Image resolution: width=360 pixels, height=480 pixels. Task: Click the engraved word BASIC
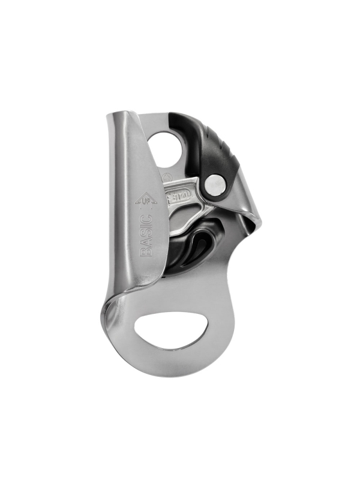(x=146, y=235)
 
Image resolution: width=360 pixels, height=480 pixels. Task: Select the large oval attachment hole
(x=172, y=331)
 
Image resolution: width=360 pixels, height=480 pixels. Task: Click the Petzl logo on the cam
(x=180, y=197)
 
